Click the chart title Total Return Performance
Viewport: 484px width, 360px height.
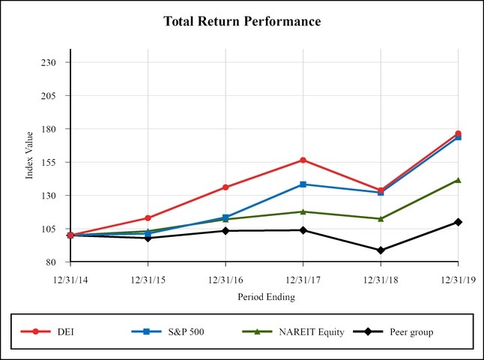242,22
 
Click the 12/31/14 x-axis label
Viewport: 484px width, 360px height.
70,279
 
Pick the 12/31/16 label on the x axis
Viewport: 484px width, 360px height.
226,279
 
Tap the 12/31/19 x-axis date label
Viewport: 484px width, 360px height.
458,279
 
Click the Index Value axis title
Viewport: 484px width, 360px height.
30,154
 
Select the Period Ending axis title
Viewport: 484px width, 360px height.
266,297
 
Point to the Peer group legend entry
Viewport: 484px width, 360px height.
411,331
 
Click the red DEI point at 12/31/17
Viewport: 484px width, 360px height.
303,160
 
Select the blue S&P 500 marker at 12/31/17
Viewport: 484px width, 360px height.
303,184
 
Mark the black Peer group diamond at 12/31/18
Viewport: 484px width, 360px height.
381,250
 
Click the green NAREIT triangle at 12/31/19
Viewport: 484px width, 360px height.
458,180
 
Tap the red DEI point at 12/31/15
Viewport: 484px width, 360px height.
148,218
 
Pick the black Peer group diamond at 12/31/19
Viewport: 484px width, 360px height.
458,222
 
